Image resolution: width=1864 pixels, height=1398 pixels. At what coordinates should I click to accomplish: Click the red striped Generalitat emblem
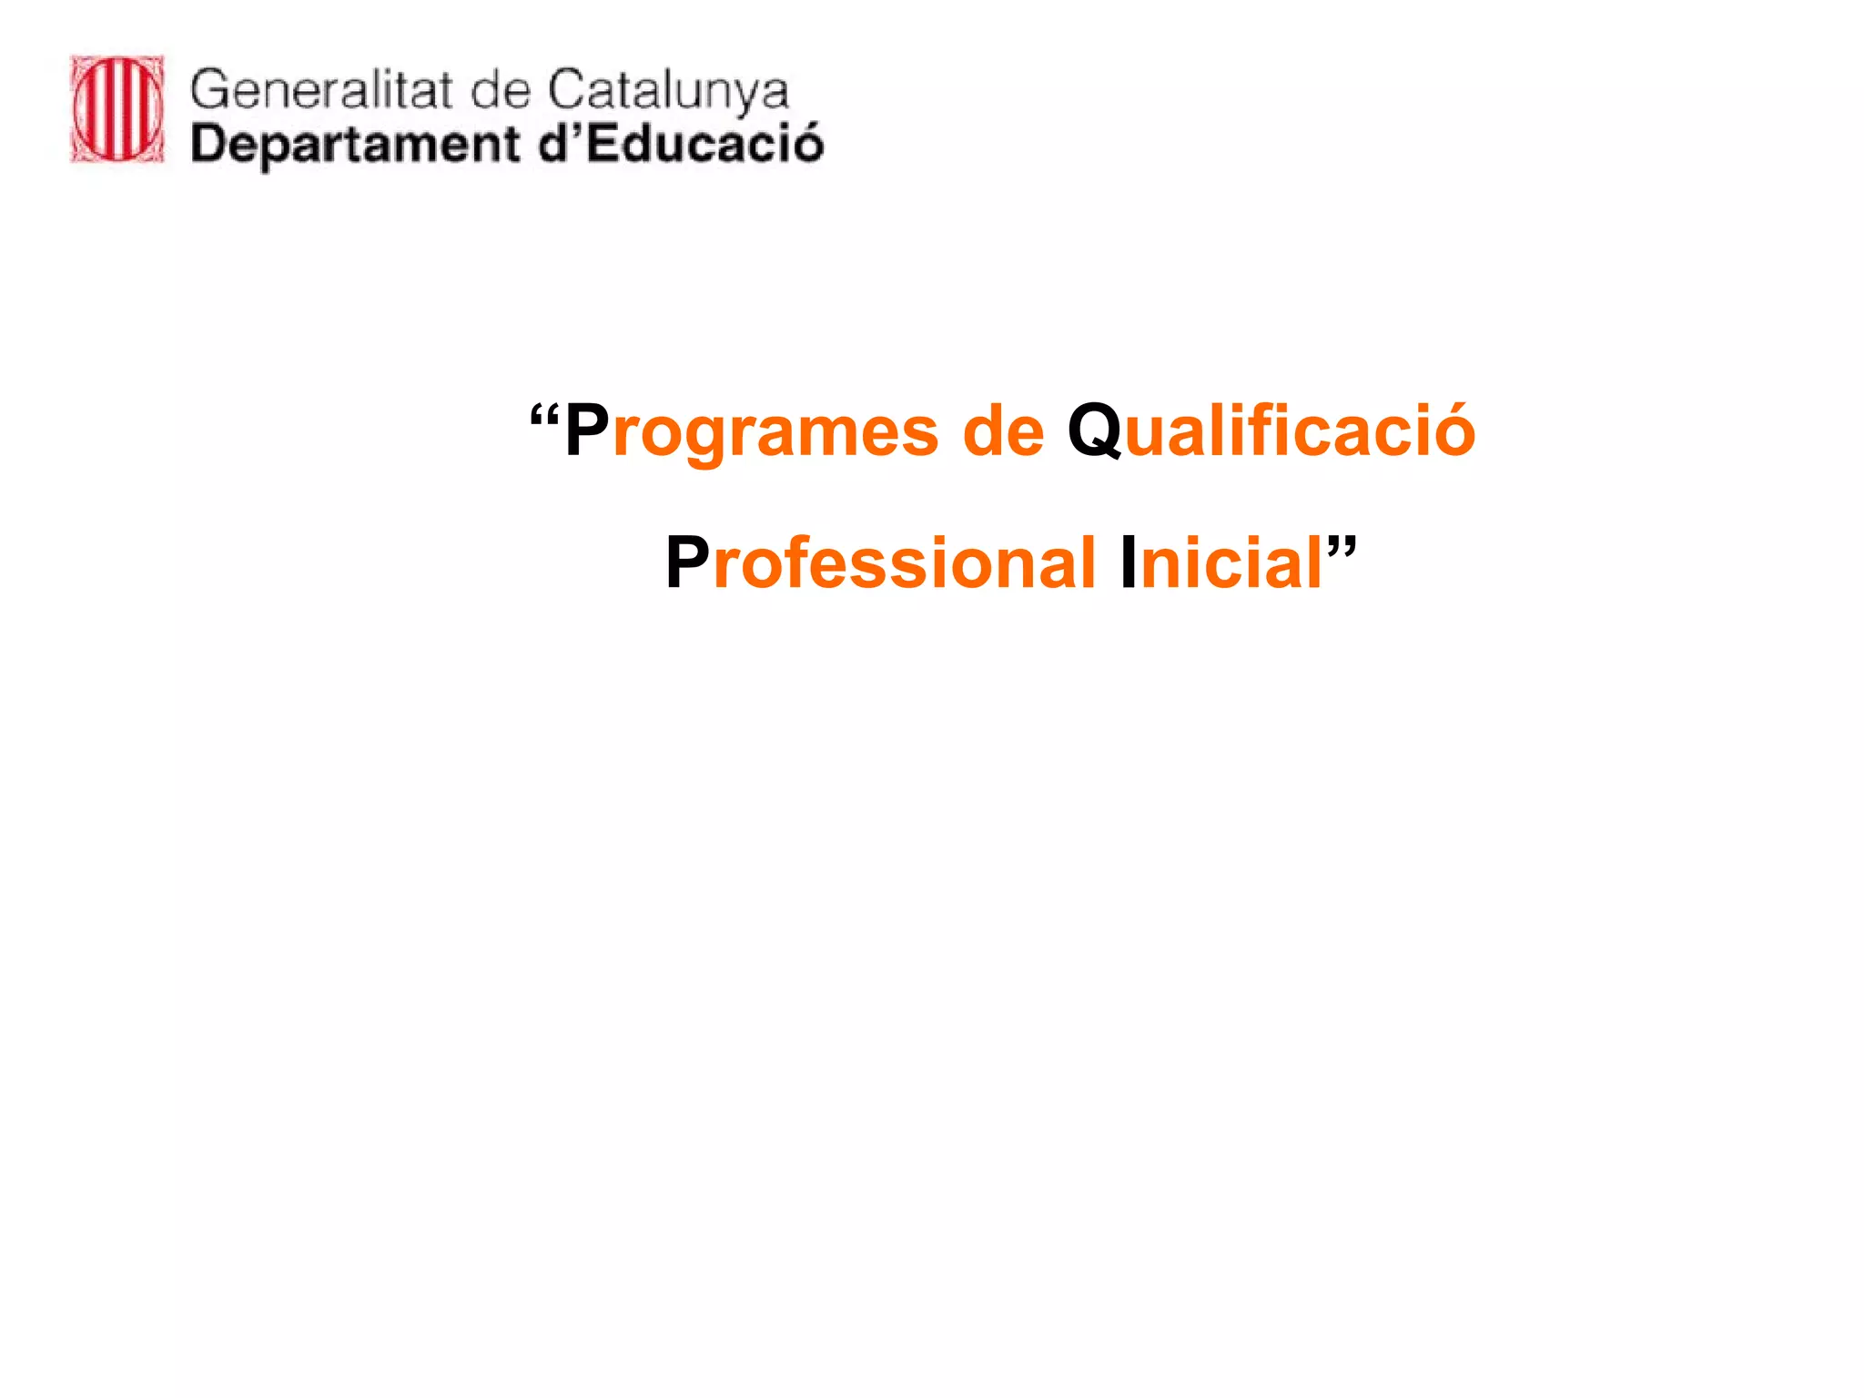point(117,109)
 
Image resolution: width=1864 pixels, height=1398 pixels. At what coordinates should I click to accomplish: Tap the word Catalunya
point(668,92)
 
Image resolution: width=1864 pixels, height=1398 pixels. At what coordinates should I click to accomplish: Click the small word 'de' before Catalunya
point(500,90)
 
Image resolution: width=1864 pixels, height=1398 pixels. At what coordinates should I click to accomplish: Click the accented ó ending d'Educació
point(805,144)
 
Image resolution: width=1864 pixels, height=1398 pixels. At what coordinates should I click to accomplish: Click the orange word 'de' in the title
point(1004,431)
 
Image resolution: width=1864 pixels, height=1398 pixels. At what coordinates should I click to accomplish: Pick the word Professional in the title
point(880,562)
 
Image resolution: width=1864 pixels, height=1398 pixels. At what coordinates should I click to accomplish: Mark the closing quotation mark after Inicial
point(1342,546)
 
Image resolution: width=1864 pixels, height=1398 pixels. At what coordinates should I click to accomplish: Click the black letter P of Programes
point(587,431)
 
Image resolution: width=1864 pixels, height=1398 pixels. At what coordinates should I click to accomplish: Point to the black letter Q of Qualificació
point(1094,431)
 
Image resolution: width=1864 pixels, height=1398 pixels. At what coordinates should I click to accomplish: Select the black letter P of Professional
point(687,562)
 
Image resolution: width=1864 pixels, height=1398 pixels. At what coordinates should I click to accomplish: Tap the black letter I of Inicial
point(1129,562)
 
